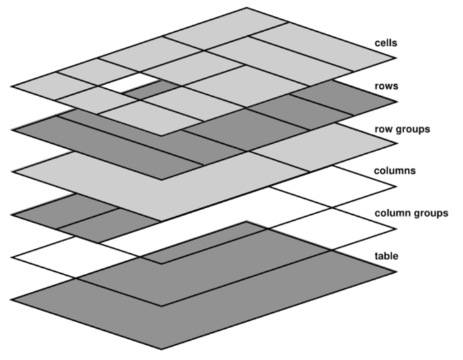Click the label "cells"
pyautogui.click(x=384, y=43)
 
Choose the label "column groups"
pyautogui.click(x=411, y=213)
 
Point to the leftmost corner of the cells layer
pyautogui.click(x=11, y=86)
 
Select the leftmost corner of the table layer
pyautogui.click(x=11, y=299)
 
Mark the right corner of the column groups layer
pyautogui.click(x=397, y=230)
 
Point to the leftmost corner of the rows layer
pyautogui.click(x=11, y=129)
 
